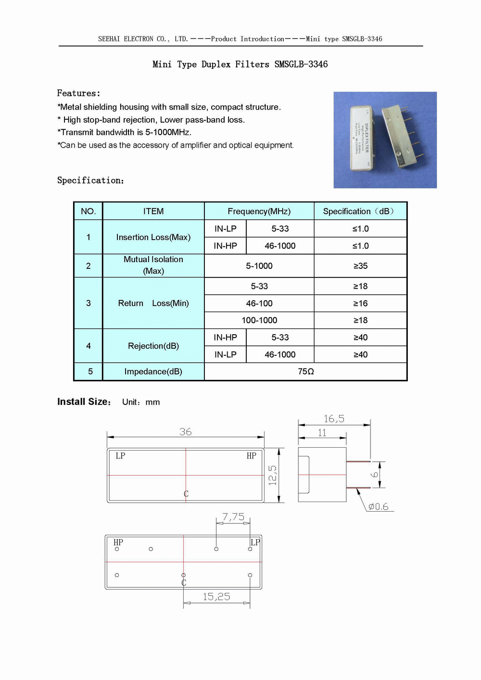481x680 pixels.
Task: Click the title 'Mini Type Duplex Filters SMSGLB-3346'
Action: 240,64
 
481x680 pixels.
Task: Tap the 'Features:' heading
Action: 78,93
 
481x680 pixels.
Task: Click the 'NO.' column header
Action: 88,212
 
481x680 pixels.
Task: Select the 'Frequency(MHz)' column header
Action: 259,212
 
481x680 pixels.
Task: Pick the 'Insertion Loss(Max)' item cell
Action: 153,237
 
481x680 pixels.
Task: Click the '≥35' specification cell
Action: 360,266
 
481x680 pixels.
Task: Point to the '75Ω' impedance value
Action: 305,372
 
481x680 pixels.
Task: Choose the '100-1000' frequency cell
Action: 259,320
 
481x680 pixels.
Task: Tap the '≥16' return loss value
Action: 360,303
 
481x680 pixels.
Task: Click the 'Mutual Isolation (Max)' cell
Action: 153,265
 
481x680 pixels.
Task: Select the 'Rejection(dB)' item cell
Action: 153,346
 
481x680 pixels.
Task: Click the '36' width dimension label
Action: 185,432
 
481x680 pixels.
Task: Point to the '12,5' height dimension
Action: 272,475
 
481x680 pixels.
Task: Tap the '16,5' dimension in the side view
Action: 334,419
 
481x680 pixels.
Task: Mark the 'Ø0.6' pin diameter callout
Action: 378,507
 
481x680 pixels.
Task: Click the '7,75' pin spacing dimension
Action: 233,517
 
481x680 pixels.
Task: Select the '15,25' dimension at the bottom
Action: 216,597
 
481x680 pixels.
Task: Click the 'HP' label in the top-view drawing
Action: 251,456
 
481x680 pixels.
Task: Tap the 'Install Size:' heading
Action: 84,402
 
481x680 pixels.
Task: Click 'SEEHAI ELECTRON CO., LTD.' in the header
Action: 143,39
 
